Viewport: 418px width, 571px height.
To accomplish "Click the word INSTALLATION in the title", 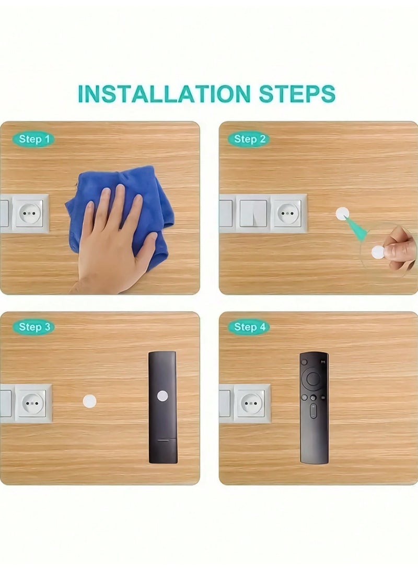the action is tap(164, 94).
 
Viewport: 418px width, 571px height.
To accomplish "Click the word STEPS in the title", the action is tap(297, 94).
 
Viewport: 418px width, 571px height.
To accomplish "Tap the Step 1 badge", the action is tap(33, 139).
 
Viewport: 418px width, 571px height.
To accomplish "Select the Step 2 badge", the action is tap(249, 139).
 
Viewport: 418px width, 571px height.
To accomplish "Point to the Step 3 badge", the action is tap(33, 327).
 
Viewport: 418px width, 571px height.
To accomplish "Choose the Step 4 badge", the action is tap(249, 327).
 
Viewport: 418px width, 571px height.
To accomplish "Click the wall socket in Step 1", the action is tap(30, 213).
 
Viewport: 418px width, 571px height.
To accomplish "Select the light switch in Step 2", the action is tap(253, 214).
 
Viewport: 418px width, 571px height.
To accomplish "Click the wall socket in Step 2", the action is tap(288, 214).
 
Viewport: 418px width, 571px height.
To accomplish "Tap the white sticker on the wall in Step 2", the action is tap(342, 214).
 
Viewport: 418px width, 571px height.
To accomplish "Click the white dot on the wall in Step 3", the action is tap(89, 401).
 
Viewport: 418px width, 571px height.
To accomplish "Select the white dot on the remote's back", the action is tap(162, 396).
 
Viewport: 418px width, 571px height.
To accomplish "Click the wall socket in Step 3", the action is tap(33, 403).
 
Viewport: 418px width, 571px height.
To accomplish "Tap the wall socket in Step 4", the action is tap(252, 403).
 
